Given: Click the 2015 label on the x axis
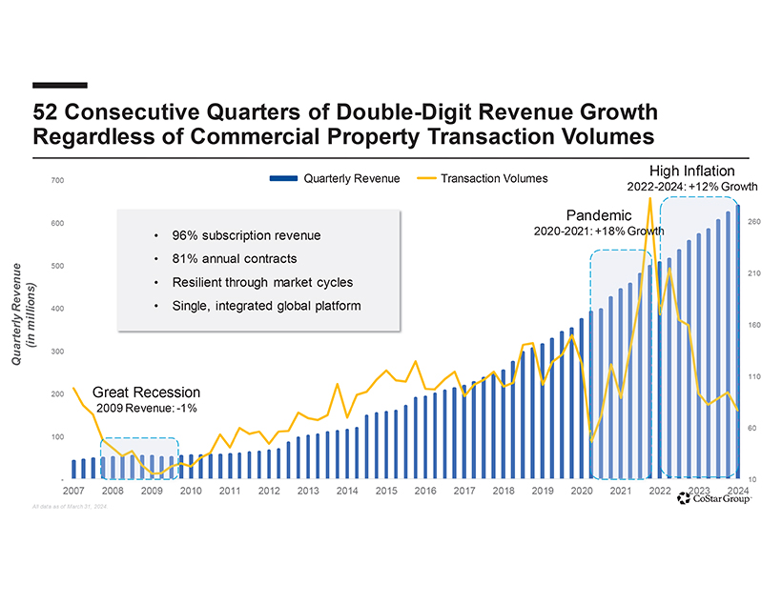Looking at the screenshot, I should pos(385,492).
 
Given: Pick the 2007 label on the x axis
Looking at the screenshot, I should pos(72,492).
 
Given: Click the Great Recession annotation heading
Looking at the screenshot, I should pos(146,392).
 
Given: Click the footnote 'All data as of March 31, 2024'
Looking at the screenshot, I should pos(69,506).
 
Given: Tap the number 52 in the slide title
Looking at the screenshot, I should pos(44,111).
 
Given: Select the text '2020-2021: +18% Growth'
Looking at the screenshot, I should pos(599,231).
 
